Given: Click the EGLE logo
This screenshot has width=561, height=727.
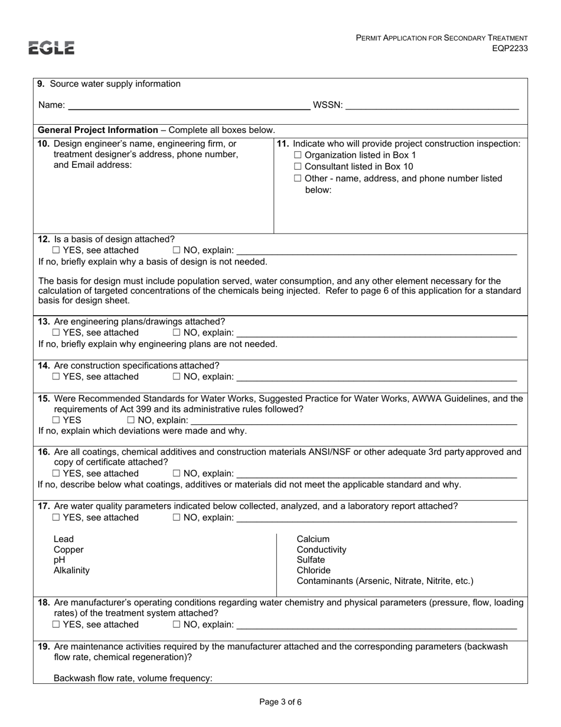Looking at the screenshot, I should point(52,48).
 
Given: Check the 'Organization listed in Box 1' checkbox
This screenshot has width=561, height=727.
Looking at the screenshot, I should point(298,155).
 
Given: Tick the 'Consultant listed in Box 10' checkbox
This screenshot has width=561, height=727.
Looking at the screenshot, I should point(298,167).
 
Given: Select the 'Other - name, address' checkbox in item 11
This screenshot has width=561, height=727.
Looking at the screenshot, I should point(298,178).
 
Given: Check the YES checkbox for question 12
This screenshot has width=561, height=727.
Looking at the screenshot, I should point(56,251).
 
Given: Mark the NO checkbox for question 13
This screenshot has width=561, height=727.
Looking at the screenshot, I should point(177,333).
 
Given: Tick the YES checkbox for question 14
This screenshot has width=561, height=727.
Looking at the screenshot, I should point(56,377).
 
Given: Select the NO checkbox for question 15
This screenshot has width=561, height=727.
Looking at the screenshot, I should point(131,420).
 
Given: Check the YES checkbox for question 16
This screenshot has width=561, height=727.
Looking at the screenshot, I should point(56,473).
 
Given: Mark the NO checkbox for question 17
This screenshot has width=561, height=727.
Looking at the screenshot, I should point(177,518).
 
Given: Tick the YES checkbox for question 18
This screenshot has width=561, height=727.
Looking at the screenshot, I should point(56,625).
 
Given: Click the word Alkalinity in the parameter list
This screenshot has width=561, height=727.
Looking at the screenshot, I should point(71,570).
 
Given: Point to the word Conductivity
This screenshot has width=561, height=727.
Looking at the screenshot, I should point(321,549).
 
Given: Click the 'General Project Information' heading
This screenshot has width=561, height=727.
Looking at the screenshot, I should point(98,130).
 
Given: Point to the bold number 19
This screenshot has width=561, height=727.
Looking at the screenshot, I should point(44,647).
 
